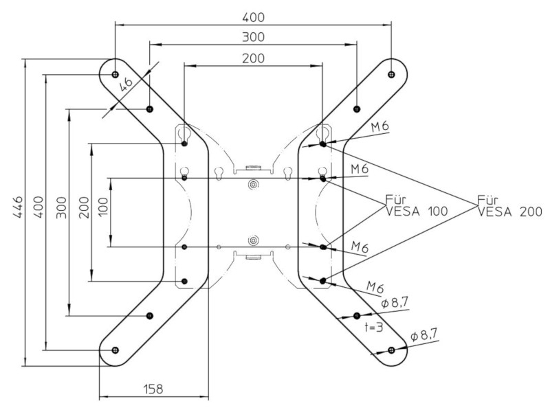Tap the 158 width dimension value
tap(153, 389)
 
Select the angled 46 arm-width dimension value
tap(126, 84)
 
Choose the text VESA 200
tap(509, 213)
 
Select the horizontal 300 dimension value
tap(253, 37)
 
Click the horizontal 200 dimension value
tap(253, 58)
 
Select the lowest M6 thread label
tap(375, 286)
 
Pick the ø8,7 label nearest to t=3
tap(396, 303)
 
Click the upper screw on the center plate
tap(254, 184)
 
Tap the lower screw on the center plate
tap(254, 240)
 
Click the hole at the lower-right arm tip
tap(391, 350)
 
